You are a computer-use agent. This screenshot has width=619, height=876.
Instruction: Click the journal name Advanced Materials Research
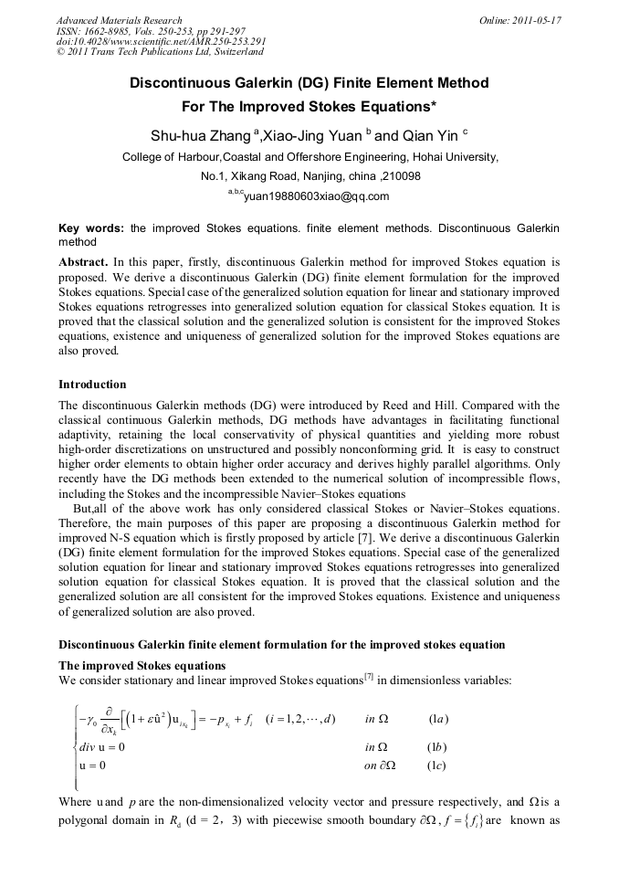tap(119, 20)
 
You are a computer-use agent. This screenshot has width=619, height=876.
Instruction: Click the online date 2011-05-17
tap(519, 20)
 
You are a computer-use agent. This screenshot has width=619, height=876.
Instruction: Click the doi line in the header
tap(161, 42)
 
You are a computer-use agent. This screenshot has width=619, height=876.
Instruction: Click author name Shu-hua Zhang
tap(199, 136)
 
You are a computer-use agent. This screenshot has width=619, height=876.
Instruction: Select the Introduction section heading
tap(92, 385)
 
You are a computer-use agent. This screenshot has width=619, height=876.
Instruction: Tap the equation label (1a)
tap(438, 719)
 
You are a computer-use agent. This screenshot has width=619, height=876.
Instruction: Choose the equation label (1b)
tap(438, 747)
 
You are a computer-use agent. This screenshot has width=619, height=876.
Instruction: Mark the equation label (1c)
tap(438, 765)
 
